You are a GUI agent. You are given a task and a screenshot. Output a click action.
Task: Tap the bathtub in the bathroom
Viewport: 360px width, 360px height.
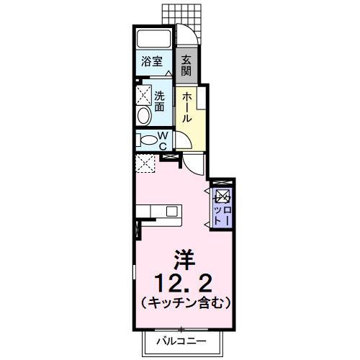(152, 39)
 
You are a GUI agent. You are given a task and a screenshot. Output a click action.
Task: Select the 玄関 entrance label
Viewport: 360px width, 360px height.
(186, 66)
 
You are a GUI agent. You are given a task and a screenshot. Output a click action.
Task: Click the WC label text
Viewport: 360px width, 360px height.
(162, 140)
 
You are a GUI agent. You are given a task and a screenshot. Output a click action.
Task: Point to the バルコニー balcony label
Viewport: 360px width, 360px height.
(184, 341)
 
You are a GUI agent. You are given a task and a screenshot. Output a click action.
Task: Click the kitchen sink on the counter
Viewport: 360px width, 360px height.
(171, 210)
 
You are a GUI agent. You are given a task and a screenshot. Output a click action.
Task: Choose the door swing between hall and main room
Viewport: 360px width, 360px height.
(194, 165)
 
